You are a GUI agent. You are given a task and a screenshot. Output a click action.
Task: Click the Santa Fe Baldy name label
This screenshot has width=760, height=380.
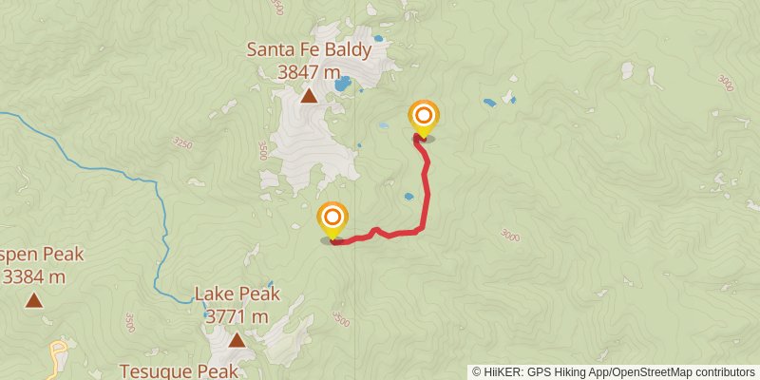click(309, 49)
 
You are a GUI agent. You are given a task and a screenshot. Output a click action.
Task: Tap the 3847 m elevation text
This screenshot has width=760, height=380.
click(309, 71)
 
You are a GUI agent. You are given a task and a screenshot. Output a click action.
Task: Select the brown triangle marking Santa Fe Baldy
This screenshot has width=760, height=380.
click(309, 95)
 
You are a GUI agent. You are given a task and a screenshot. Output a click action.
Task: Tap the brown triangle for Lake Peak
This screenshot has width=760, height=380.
click(237, 339)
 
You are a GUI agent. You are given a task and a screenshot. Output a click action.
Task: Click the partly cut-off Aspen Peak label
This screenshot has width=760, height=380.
click(42, 255)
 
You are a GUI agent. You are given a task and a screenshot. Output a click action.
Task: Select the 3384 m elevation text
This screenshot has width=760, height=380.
click(34, 276)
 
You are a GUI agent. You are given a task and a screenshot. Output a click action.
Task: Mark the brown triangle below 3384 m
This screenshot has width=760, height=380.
click(34, 300)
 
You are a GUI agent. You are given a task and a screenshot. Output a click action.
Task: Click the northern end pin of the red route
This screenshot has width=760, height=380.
click(424, 117)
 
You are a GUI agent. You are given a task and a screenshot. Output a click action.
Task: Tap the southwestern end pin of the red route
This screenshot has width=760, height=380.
click(332, 219)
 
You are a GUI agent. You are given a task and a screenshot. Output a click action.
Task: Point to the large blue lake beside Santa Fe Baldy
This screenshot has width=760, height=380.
click(342, 85)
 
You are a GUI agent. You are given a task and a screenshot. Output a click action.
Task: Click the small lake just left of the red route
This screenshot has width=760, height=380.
click(408, 197)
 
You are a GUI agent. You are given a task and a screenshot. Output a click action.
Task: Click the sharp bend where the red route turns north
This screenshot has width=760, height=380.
click(420, 229)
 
